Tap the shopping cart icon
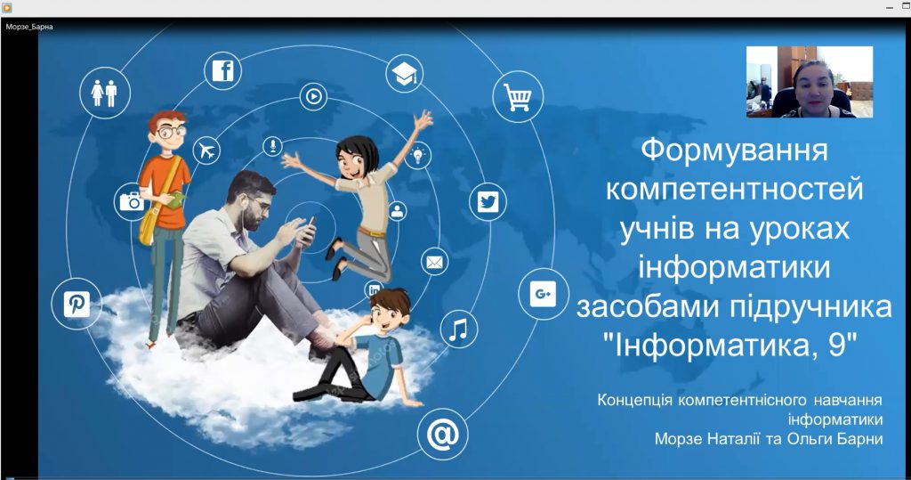[x=517, y=97]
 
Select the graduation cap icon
[x=405, y=75]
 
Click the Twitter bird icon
[x=488, y=202]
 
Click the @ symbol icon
[x=442, y=435]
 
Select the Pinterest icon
[x=77, y=305]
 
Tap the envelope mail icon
[x=435, y=262]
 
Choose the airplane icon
[x=206, y=151]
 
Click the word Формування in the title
[x=734, y=149]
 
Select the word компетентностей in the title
[x=734, y=189]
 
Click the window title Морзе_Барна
[x=28, y=27]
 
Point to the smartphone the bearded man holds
[x=306, y=230]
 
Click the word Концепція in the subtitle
[x=636, y=401]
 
